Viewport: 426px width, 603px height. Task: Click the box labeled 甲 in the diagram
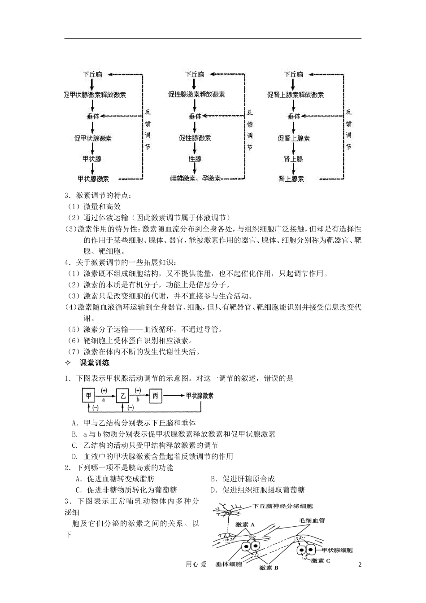[x=88, y=395]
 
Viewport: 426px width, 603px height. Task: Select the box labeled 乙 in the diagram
[x=122, y=395]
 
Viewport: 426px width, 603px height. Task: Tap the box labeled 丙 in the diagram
[x=156, y=395]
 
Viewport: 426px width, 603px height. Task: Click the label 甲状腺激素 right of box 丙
[x=200, y=395]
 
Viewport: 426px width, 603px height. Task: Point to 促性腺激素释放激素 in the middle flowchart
[x=196, y=95]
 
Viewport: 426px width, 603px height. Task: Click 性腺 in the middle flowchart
[x=195, y=159]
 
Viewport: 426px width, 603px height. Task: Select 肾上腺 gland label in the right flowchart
[x=294, y=159]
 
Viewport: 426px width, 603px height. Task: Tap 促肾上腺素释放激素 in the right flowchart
[x=296, y=95]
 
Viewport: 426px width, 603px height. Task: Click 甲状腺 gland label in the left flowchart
[x=92, y=159]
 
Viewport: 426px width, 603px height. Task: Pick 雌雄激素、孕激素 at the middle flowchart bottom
[x=196, y=179]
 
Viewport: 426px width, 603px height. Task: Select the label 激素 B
[x=269, y=568]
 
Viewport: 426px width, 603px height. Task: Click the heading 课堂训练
[x=95, y=363]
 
